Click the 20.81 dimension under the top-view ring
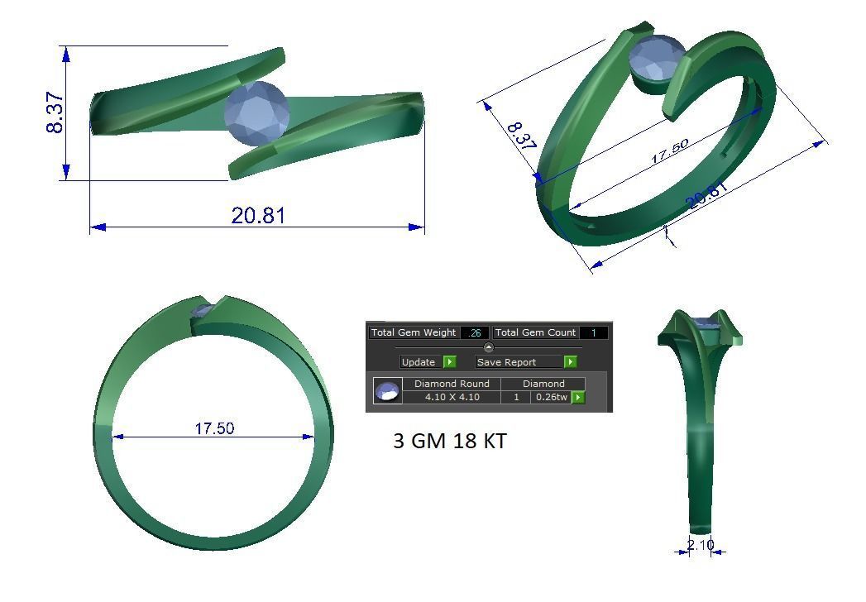point(258,216)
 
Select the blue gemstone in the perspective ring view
point(658,60)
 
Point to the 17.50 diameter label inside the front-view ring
point(214,428)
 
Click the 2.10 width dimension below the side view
point(700,544)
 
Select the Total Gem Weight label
point(414,332)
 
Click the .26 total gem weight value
point(475,332)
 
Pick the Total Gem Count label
point(535,332)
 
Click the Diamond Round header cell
point(452,384)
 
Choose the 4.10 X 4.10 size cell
point(452,397)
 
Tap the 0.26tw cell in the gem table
point(551,397)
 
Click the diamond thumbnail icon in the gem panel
point(387,390)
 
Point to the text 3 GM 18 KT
point(449,442)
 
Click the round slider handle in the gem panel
point(488,347)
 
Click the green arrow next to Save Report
point(571,362)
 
